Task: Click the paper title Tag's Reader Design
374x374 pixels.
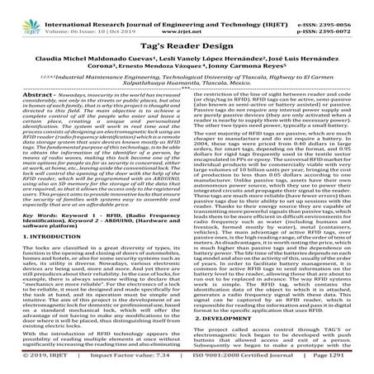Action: [x=187, y=49]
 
